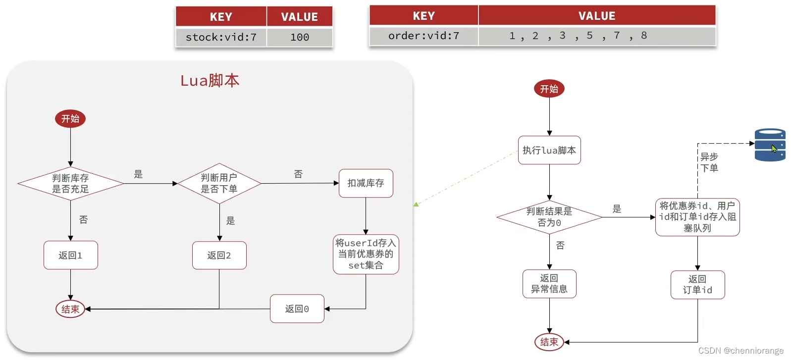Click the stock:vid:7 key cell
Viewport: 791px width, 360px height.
coord(221,37)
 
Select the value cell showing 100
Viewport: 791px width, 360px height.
coord(300,37)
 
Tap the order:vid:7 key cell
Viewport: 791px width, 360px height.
coord(423,36)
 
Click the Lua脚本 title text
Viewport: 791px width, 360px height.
coord(210,80)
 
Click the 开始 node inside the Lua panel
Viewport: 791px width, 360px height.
coord(70,119)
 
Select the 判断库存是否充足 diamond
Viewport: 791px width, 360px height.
coord(70,183)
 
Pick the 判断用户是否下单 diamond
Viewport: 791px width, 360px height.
coord(219,183)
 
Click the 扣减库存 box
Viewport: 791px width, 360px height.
coord(366,183)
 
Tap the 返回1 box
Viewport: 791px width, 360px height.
coord(70,256)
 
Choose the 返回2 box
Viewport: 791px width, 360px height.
coord(219,256)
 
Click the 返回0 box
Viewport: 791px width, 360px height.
coord(297,309)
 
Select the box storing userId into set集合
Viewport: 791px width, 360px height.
coord(366,254)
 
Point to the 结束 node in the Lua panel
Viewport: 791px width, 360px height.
coord(70,309)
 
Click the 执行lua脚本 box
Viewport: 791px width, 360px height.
coord(549,150)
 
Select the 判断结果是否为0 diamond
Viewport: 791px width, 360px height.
coord(549,217)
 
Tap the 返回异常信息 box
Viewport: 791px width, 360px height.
coord(549,284)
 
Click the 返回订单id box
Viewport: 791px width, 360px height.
coord(697,285)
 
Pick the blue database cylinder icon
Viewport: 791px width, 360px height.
coord(770,145)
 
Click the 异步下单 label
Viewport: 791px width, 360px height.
coord(709,162)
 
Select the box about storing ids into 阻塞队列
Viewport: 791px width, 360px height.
coord(697,217)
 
